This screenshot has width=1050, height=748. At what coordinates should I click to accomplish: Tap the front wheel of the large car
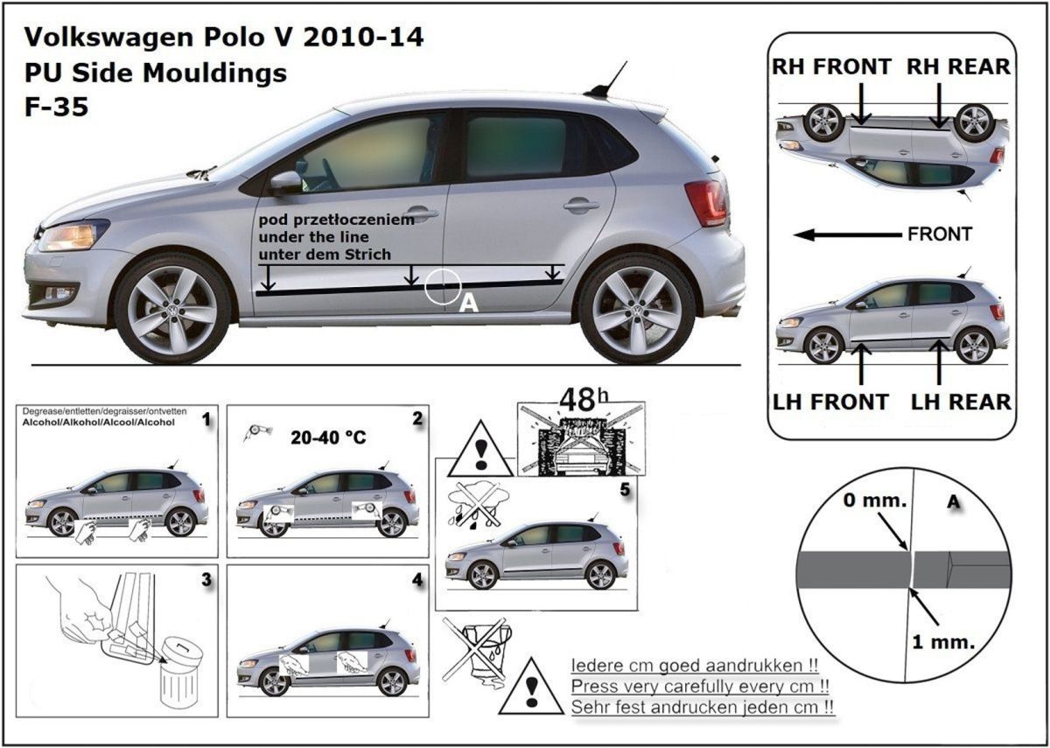click(x=172, y=307)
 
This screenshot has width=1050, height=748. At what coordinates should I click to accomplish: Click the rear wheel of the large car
click(x=636, y=307)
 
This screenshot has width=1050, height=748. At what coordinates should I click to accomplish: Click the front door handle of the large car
click(x=421, y=213)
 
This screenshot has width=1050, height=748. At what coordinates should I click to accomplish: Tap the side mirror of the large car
click(x=285, y=183)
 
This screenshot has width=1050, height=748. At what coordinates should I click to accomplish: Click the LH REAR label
click(x=961, y=402)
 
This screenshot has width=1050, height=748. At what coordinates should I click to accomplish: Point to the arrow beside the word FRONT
click(x=846, y=234)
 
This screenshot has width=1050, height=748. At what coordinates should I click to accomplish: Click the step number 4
click(x=416, y=579)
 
